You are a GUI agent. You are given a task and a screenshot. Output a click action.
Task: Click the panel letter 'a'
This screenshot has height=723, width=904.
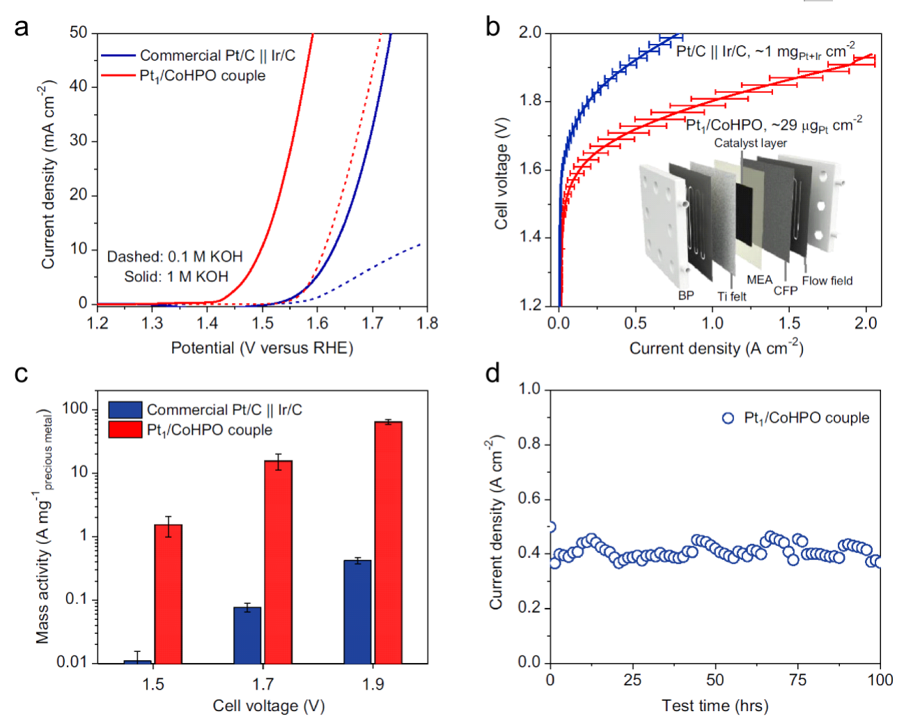pyautogui.click(x=22, y=27)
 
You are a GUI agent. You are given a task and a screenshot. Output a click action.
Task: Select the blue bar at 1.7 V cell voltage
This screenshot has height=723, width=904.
pyautogui.click(x=247, y=635)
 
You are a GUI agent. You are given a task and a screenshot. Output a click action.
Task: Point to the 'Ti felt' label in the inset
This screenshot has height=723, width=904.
pyautogui.click(x=731, y=297)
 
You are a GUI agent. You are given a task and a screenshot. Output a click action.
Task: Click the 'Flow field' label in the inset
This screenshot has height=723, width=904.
pyautogui.click(x=827, y=281)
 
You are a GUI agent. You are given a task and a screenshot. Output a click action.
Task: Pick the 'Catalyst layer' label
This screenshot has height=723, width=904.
pyautogui.click(x=750, y=143)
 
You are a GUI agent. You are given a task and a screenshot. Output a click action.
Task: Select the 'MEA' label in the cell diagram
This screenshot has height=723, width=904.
pyautogui.click(x=759, y=280)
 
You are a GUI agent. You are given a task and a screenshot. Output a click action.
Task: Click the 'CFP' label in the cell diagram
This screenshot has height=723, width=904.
pyautogui.click(x=785, y=290)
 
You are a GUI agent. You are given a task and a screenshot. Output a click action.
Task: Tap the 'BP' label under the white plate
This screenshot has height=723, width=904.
pyautogui.click(x=686, y=295)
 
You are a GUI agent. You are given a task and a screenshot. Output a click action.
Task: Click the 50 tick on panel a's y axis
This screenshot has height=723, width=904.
pyautogui.click(x=79, y=33)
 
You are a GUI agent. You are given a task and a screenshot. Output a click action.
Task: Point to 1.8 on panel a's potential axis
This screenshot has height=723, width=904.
pyautogui.click(x=427, y=323)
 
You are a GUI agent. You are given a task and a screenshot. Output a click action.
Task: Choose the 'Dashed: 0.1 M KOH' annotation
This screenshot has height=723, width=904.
pyautogui.click(x=174, y=256)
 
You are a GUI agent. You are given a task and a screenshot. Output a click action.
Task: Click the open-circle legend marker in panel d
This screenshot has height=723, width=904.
pyautogui.click(x=728, y=418)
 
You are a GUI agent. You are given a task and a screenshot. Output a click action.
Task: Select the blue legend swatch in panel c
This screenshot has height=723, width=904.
pyautogui.click(x=125, y=410)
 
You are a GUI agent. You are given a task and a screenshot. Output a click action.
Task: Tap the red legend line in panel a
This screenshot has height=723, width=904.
pyautogui.click(x=118, y=75)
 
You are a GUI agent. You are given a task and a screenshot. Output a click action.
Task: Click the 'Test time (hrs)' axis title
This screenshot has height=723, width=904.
pyautogui.click(x=715, y=706)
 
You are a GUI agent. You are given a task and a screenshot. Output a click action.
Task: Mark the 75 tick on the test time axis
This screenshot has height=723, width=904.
pyautogui.click(x=797, y=680)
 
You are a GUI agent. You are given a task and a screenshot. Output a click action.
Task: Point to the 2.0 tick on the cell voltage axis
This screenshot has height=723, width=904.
pyautogui.click(x=531, y=33)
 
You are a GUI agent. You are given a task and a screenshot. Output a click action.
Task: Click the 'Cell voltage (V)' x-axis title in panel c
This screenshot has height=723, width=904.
pyautogui.click(x=268, y=706)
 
